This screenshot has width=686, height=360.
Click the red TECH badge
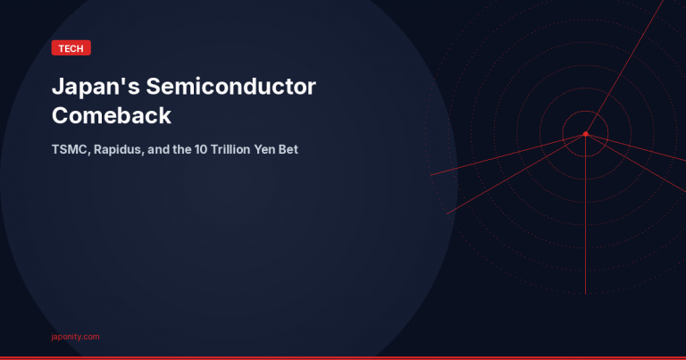click(x=71, y=48)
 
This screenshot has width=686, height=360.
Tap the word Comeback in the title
click(x=112, y=115)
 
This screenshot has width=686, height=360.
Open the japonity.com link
click(x=75, y=337)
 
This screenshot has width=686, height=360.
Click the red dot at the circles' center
click(x=585, y=134)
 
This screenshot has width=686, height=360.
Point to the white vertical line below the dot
click(x=585, y=223)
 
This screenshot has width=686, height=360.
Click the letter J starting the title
click(x=58, y=88)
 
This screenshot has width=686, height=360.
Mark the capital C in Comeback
click(x=61, y=115)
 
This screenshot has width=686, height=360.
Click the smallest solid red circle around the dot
click(x=607, y=134)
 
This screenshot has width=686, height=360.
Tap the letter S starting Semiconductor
click(x=152, y=88)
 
